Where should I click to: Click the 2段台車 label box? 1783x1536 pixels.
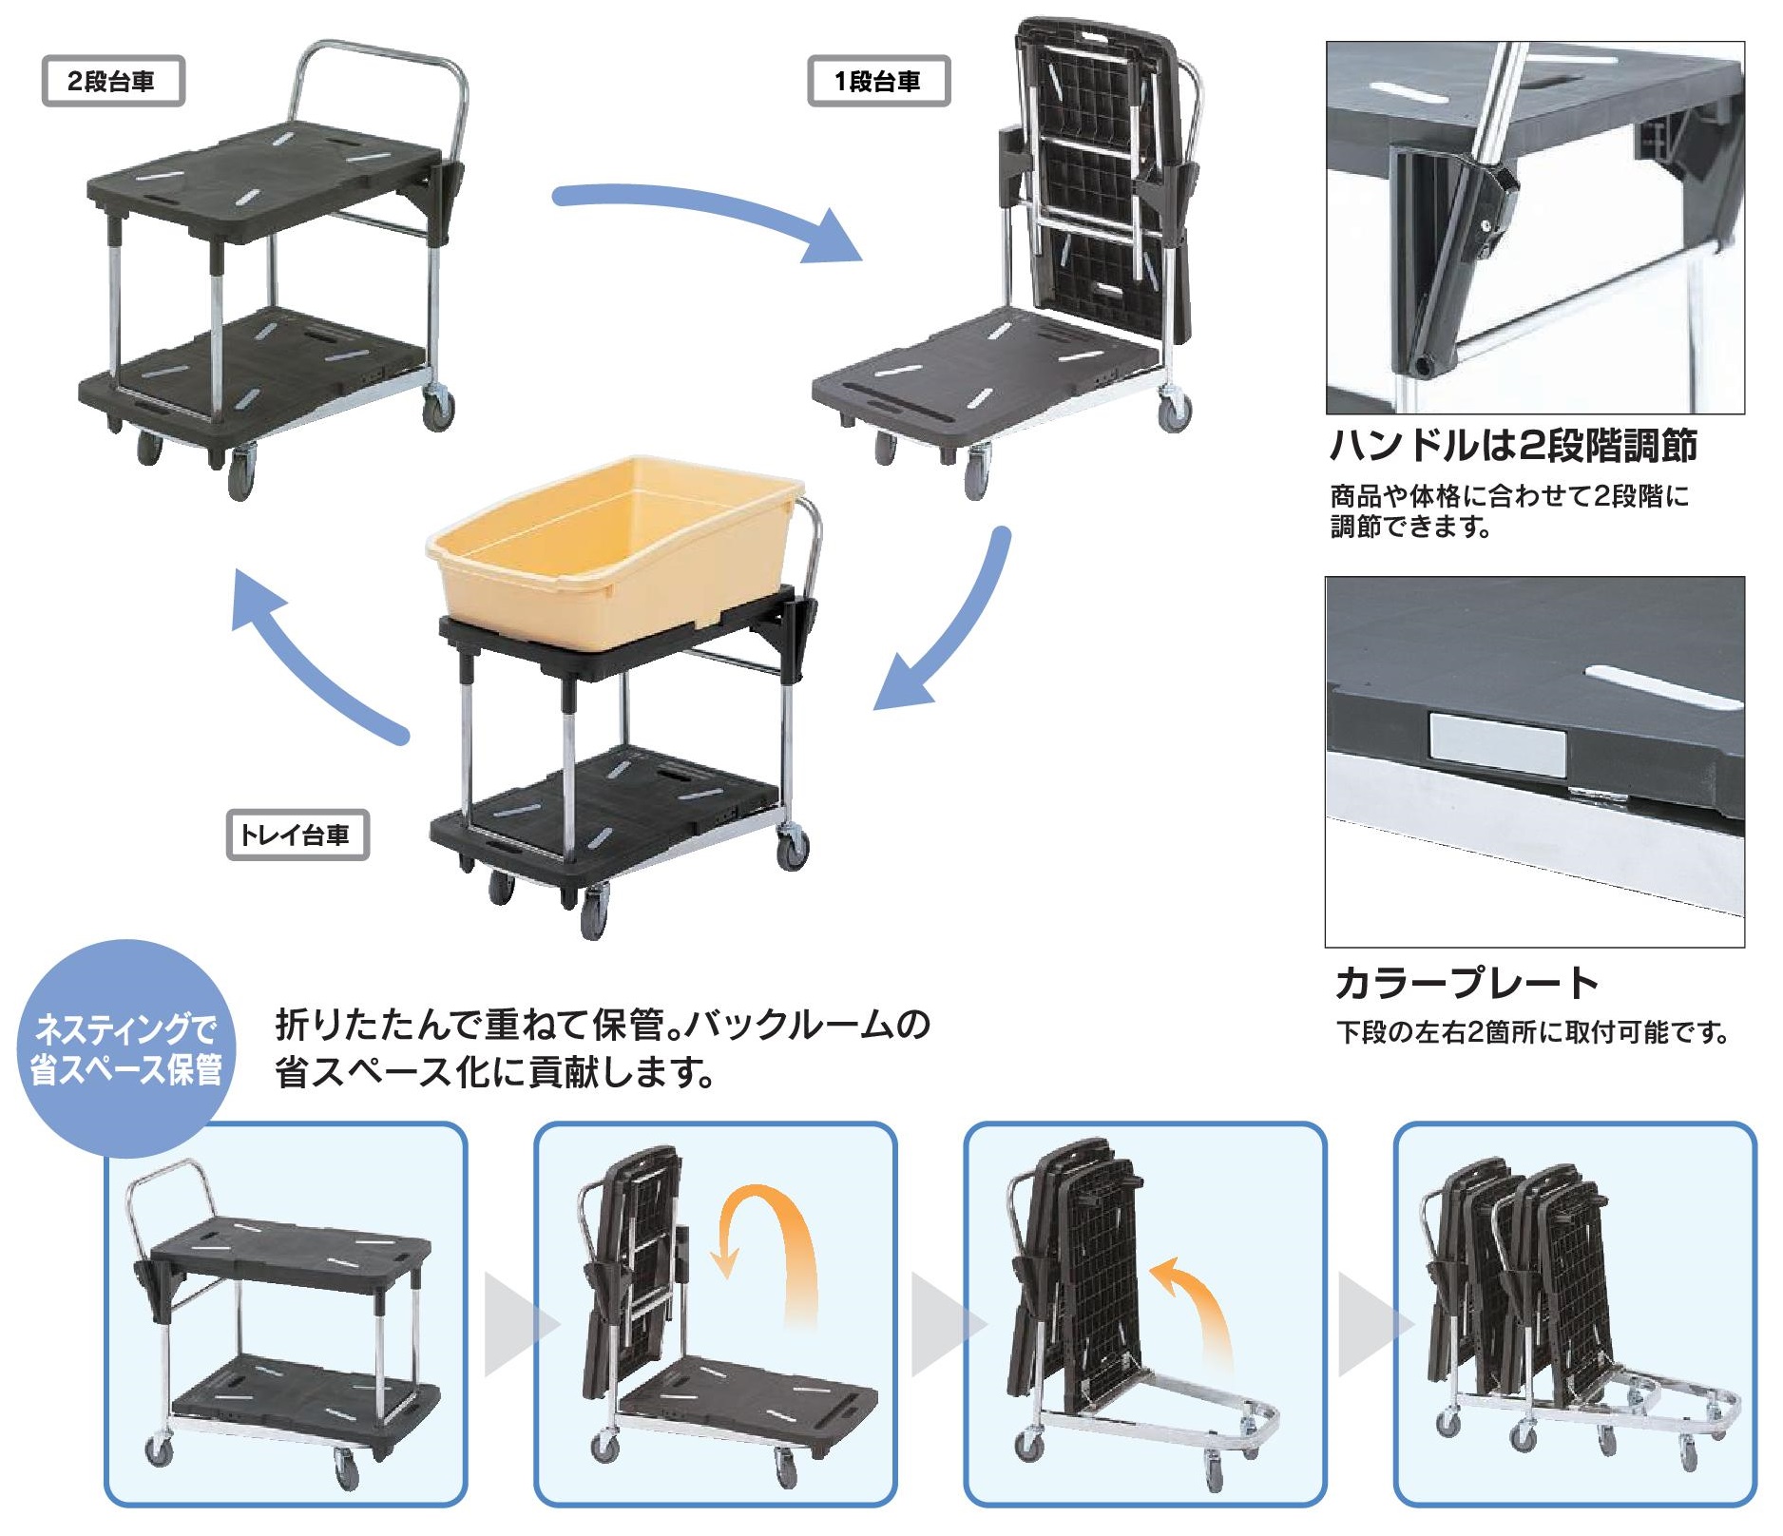(112, 81)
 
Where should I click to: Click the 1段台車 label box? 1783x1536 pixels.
(878, 81)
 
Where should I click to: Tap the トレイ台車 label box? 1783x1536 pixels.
(297, 835)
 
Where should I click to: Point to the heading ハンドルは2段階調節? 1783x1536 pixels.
(1513, 446)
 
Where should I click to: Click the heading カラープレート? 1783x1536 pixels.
(1467, 983)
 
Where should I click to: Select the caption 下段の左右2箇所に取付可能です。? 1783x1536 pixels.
(1532, 1032)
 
